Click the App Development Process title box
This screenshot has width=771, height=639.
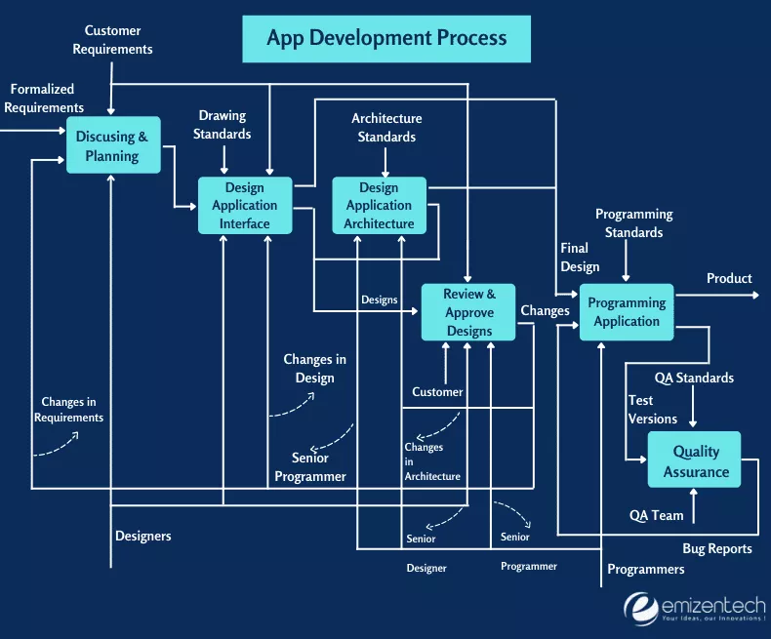386,38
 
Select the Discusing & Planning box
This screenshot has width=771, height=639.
113,146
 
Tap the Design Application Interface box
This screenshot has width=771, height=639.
245,206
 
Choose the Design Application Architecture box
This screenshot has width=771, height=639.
379,206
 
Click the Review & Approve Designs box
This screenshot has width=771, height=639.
469,312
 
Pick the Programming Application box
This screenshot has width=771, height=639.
627,312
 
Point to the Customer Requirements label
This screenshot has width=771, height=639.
119,40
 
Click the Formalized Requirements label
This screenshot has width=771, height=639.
43,99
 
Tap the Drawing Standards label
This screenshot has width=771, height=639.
223,125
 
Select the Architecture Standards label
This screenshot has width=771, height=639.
386,128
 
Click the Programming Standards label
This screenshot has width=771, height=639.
633,223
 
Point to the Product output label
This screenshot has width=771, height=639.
729,279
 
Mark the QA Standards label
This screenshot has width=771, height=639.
694,378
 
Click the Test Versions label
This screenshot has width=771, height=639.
652,410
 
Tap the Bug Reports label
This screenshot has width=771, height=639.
717,549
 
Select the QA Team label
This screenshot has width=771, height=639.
657,515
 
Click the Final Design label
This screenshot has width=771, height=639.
580,258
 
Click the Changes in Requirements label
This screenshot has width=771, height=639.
68,410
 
